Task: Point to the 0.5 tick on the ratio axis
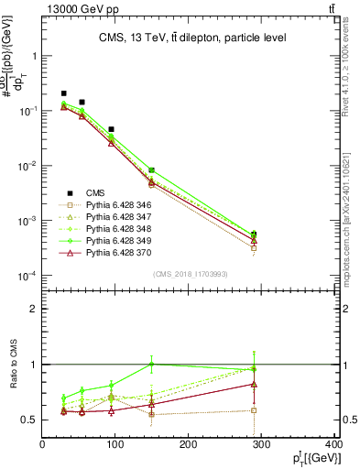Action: click(x=27, y=420)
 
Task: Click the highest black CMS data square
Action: click(x=63, y=93)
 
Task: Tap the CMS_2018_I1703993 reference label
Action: click(x=190, y=274)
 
